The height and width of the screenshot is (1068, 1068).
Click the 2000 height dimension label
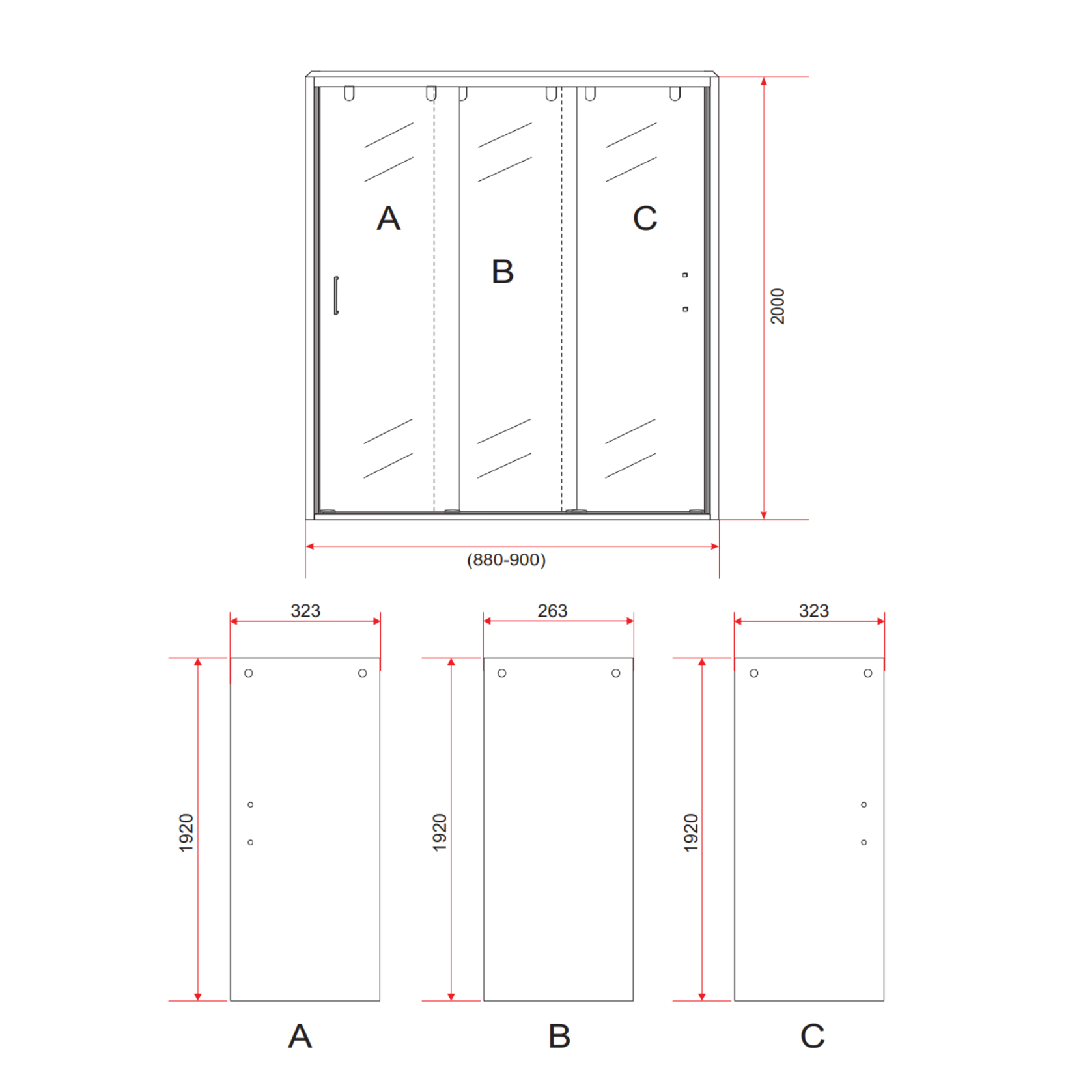coord(778,306)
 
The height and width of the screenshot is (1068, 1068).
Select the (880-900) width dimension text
coord(506,560)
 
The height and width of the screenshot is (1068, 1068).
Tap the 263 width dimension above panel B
coord(552,611)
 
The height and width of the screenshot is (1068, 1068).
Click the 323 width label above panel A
coord(305,611)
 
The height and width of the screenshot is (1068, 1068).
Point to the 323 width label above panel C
coord(814,611)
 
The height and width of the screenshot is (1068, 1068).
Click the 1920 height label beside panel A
coord(186,832)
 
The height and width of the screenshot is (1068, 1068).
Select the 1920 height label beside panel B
coord(440,832)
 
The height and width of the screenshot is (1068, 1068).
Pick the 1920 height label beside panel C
coord(691,832)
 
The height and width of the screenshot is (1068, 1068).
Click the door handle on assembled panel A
coord(336,295)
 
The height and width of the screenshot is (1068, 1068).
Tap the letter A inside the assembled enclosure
coord(389,218)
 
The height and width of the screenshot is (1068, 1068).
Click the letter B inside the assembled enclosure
coord(503,272)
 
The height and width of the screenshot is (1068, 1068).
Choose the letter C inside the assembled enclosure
coord(645,218)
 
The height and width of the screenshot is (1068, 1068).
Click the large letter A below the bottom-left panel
coord(300,1035)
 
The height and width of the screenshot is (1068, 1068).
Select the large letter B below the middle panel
coord(559,1035)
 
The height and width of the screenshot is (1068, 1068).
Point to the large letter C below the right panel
coord(813,1035)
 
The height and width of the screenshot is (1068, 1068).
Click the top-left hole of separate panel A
coord(249,673)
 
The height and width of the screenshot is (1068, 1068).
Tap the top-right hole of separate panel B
coord(616,673)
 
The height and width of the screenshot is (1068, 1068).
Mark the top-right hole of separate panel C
coord(868,673)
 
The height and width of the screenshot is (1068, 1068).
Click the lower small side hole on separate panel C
coord(864,843)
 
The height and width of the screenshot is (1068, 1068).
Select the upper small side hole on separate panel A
coord(251,805)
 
